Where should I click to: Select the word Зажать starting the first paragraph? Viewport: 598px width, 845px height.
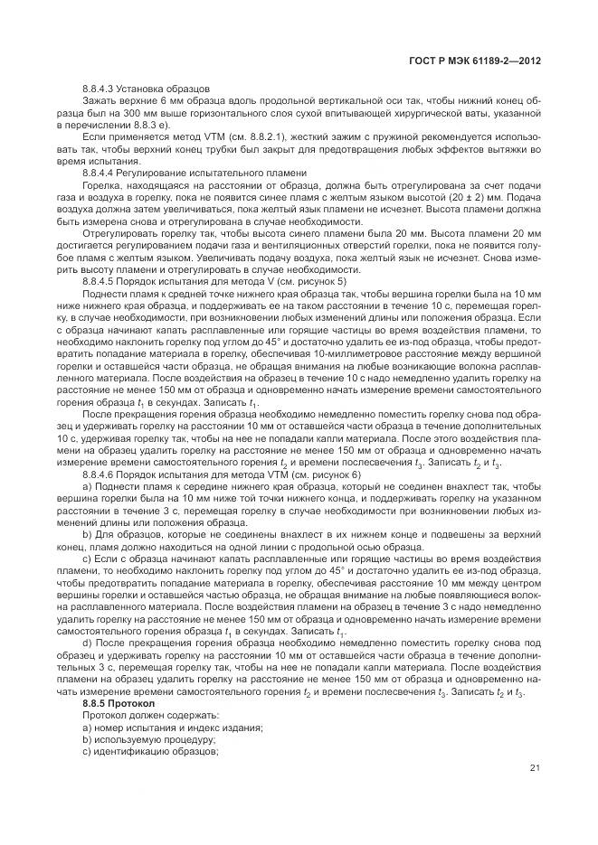coord(99,100)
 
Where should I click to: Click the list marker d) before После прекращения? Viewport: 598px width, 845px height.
coord(87,642)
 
